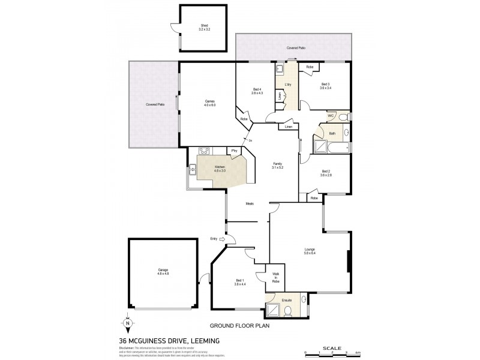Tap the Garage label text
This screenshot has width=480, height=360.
163,272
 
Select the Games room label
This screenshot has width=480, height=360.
209,103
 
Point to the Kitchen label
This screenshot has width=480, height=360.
220,169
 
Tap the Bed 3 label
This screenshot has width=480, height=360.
325,86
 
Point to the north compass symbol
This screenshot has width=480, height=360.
128,323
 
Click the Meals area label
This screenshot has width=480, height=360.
250,203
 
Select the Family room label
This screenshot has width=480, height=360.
277,166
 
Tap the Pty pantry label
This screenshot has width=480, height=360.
235,150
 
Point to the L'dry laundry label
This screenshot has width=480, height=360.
288,85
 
